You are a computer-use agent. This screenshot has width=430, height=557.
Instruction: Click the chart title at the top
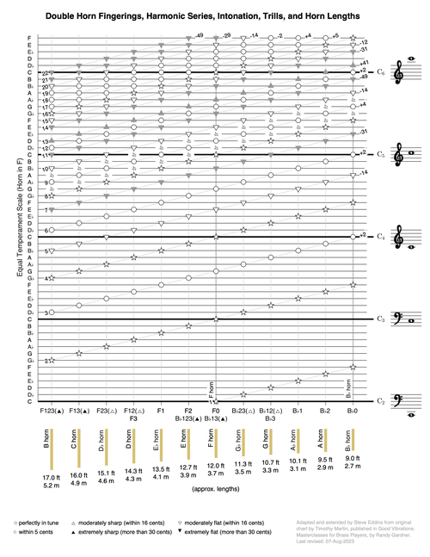coord(214,15)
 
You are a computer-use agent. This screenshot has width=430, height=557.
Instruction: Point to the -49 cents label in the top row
coord(198,36)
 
